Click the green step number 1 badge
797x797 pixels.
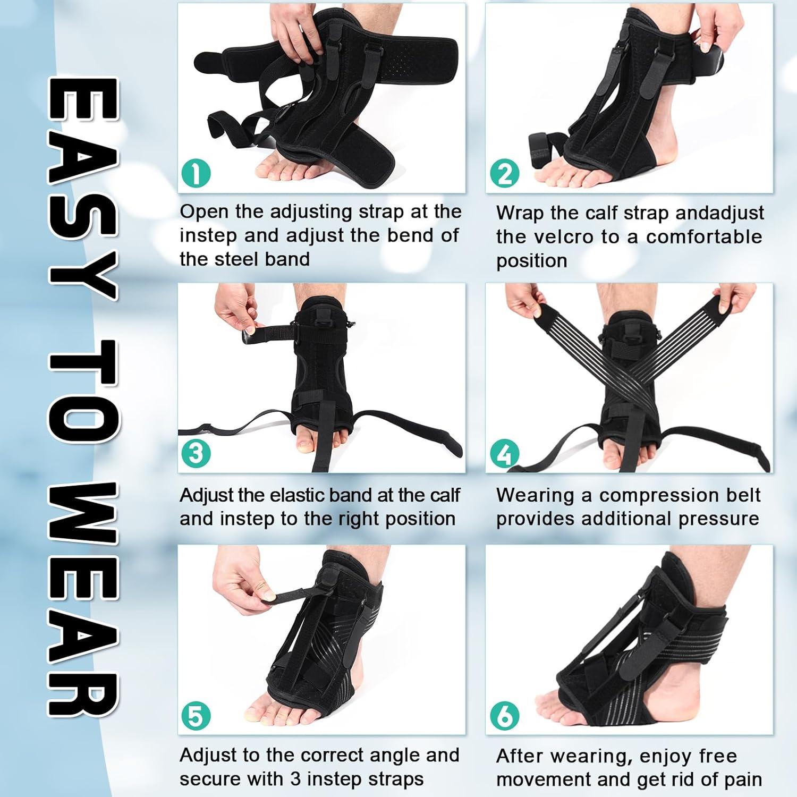pyautogui.click(x=196, y=173)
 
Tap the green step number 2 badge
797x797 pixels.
pyautogui.click(x=504, y=173)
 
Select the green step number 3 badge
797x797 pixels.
pyautogui.click(x=196, y=453)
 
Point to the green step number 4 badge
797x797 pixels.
pyautogui.click(x=504, y=454)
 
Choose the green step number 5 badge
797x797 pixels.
pyautogui.click(x=196, y=716)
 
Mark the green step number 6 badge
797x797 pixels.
pyautogui.click(x=504, y=716)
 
